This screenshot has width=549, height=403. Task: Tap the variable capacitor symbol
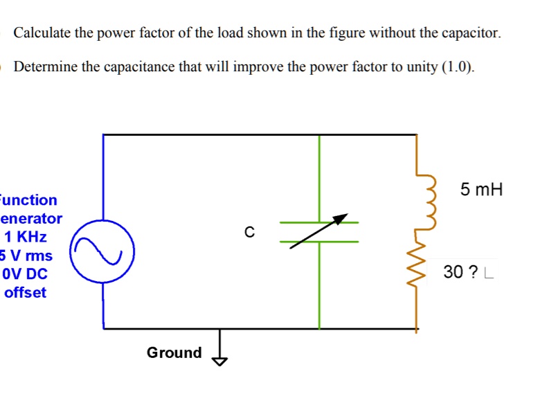click(319, 232)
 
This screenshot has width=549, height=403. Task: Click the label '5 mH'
click(481, 189)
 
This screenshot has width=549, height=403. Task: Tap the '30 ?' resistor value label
click(460, 273)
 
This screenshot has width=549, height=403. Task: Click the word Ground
click(174, 352)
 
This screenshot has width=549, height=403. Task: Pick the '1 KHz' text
click(26, 237)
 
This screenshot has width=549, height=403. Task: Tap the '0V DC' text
click(25, 274)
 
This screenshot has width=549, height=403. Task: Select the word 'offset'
click(25, 292)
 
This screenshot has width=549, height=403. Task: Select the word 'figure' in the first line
click(341, 33)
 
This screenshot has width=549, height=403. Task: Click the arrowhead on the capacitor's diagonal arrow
click(340, 219)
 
